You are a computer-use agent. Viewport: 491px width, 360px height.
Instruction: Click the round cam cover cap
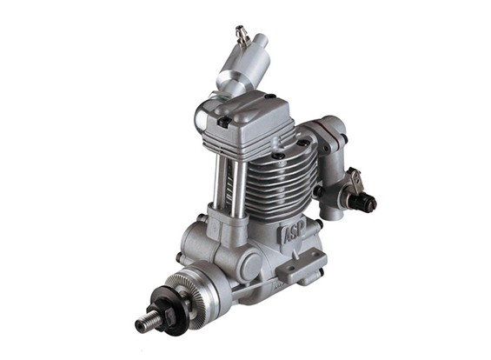250,263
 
